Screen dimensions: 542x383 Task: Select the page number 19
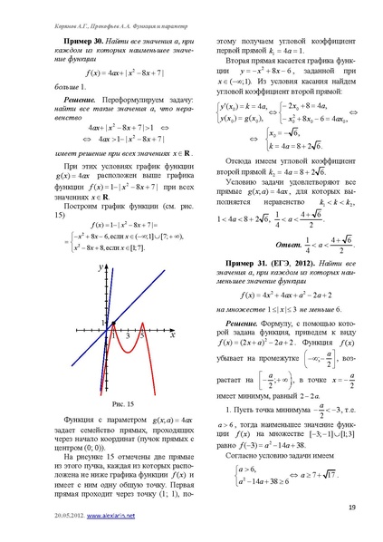tap(350, 515)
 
